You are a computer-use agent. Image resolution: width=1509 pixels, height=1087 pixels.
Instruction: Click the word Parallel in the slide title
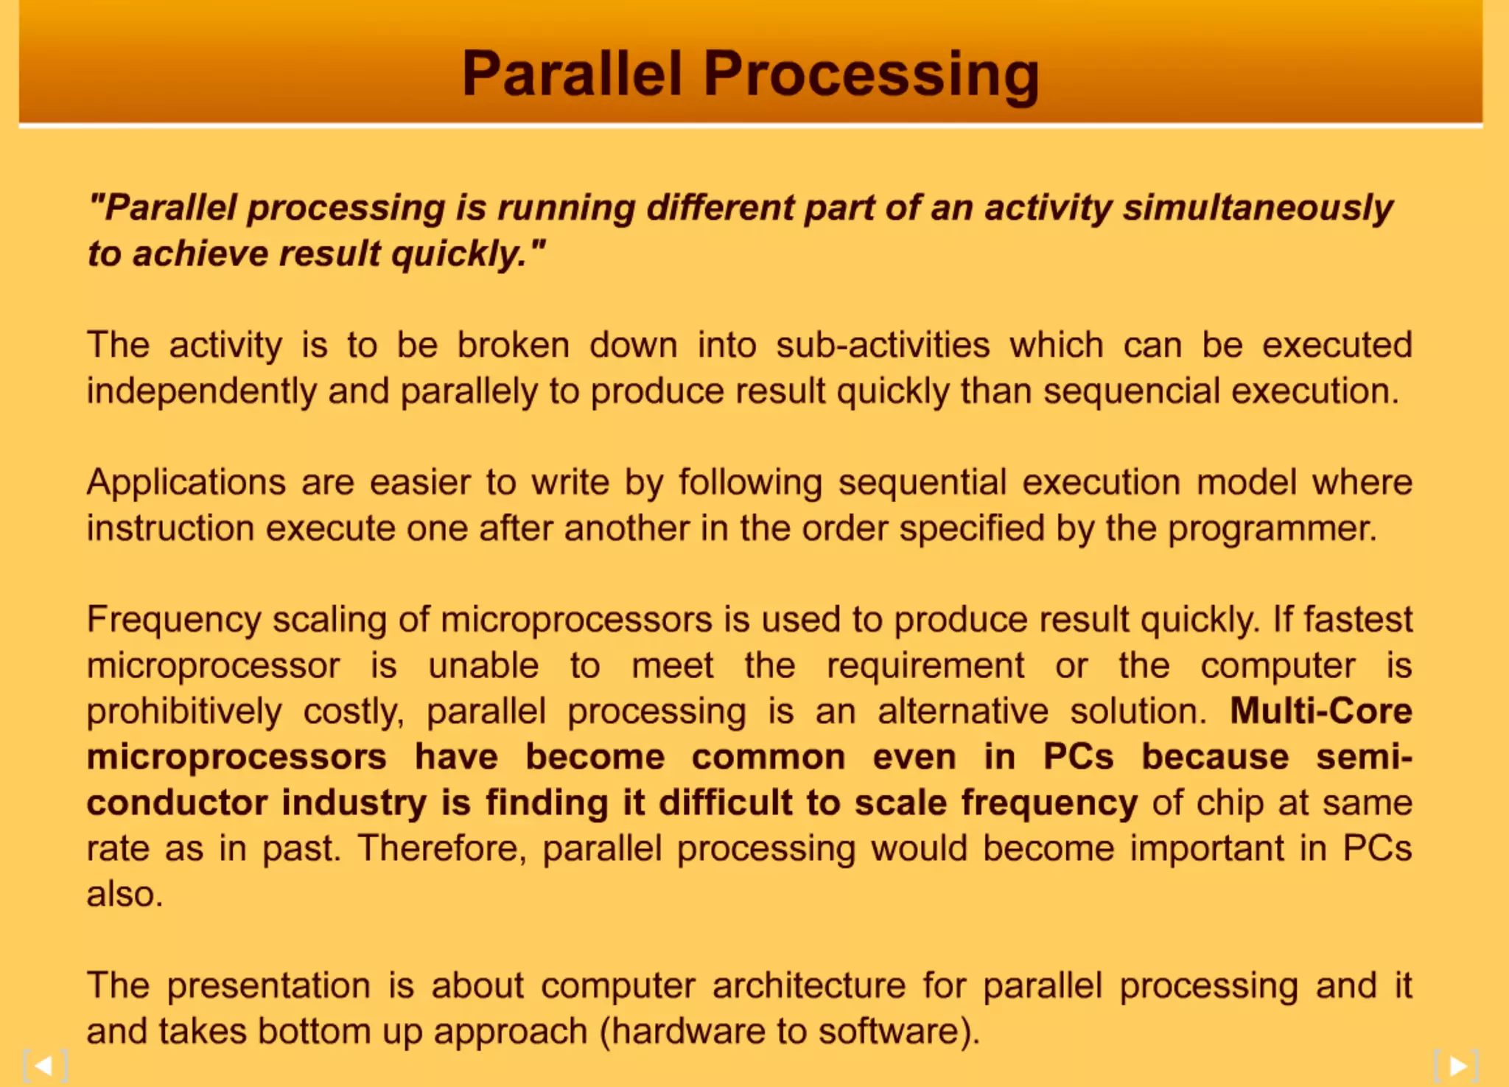[x=572, y=74]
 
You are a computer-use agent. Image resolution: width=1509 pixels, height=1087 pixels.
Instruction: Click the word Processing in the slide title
[x=871, y=74]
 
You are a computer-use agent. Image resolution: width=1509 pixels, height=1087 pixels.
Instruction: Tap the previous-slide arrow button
[x=45, y=1066]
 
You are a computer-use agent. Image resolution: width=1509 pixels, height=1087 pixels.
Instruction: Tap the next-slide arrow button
[x=1457, y=1066]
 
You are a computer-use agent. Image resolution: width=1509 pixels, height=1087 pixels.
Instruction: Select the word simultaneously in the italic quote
[x=1258, y=207]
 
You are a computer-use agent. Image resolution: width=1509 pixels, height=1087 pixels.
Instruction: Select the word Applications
[x=186, y=483]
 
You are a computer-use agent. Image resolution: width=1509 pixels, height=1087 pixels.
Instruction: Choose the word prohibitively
[x=184, y=712]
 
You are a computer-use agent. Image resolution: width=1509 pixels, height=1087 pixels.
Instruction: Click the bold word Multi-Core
[x=1320, y=711]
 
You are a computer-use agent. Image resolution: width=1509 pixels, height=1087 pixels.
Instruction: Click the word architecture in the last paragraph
[x=808, y=986]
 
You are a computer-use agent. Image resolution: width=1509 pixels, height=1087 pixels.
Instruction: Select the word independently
[x=201, y=391]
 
